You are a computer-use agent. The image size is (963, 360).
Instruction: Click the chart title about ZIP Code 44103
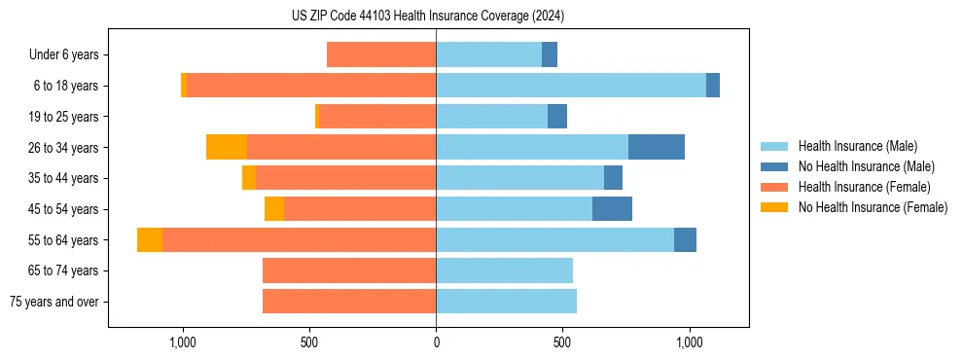pyautogui.click(x=428, y=16)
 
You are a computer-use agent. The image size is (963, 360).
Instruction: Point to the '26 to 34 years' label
pyautogui.click(x=64, y=148)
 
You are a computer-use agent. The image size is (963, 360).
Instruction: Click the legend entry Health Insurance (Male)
pyautogui.click(x=857, y=146)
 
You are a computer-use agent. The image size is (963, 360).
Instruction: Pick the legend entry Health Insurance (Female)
pyautogui.click(x=864, y=187)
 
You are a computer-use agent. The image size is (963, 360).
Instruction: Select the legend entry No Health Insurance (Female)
pyautogui.click(x=873, y=207)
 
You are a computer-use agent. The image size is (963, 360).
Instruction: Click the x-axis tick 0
pyautogui.click(x=436, y=342)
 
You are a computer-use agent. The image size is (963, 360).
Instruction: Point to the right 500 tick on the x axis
pyautogui.click(x=562, y=342)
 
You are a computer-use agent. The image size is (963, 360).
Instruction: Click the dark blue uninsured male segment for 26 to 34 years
pyautogui.click(x=657, y=147)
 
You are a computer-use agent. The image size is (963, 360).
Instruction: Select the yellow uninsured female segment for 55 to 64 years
pyautogui.click(x=150, y=239)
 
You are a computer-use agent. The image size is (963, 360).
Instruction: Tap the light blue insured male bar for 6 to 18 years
pyautogui.click(x=571, y=86)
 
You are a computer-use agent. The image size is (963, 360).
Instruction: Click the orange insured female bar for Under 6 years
pyautogui.click(x=381, y=54)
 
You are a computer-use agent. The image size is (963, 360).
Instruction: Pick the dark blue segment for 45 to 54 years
pyautogui.click(x=612, y=209)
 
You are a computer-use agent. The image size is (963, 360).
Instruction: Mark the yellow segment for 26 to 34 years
pyautogui.click(x=227, y=147)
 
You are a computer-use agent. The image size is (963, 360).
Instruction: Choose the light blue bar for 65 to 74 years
pyautogui.click(x=504, y=270)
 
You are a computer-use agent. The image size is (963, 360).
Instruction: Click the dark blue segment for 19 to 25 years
pyautogui.click(x=557, y=117)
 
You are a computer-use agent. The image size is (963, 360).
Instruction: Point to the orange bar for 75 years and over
pyautogui.click(x=349, y=302)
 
